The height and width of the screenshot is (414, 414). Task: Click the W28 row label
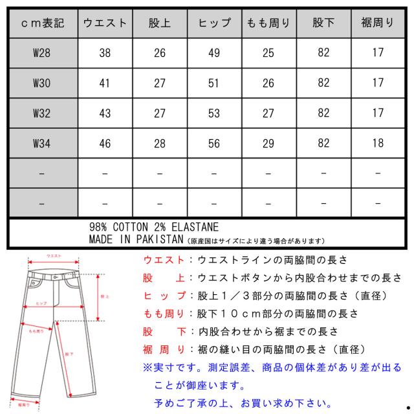pyautogui.click(x=41, y=53)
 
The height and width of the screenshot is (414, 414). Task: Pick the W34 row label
pyautogui.click(x=41, y=144)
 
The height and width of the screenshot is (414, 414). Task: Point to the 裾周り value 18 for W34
pyautogui.click(x=377, y=144)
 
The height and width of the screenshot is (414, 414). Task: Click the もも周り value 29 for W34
pyautogui.click(x=268, y=144)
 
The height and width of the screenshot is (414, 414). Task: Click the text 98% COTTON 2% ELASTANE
pyautogui.click(x=153, y=228)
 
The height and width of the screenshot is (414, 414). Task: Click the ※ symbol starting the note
pyautogui.click(x=147, y=367)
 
